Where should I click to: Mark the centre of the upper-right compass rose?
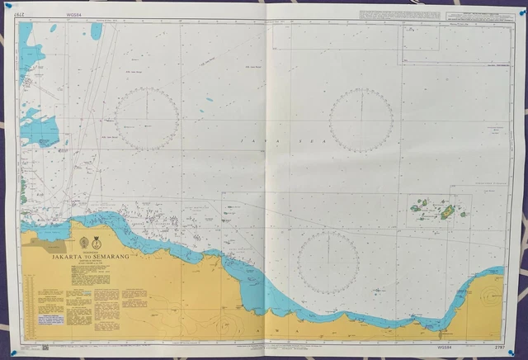pos(361,119)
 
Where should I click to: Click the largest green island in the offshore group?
pos(446,212)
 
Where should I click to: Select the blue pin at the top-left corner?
pos(8,6)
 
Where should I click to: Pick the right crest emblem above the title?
pos(97,242)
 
